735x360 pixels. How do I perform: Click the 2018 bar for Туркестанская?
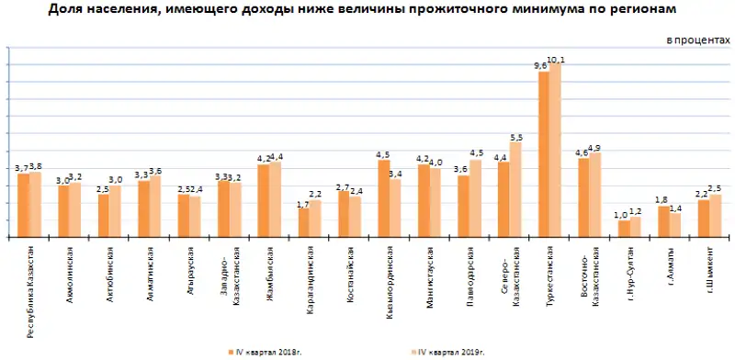point(544,154)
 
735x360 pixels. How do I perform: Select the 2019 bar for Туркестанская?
point(555,151)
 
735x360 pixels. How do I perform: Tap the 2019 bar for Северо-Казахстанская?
point(515,190)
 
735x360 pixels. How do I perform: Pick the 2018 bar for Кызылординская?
point(384,199)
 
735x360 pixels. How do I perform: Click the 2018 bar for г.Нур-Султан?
point(624,229)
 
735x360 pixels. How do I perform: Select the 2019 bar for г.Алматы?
point(675,225)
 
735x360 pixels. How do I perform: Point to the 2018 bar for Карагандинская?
point(304,223)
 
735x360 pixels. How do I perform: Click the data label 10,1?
point(556,60)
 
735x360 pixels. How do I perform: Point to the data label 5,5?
point(515,138)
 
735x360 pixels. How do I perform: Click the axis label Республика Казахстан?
point(30,290)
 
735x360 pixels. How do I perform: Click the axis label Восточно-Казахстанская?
point(591,276)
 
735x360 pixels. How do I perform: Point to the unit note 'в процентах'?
point(698,42)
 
